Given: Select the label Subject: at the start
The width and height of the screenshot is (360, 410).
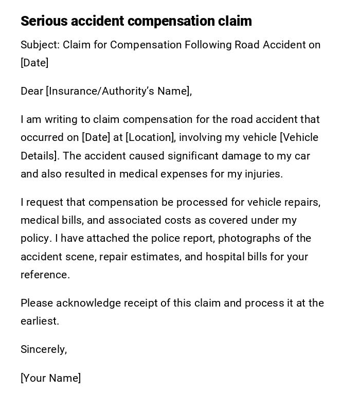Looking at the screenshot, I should point(40,45).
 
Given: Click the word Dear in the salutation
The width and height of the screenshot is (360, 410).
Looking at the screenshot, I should point(32,91).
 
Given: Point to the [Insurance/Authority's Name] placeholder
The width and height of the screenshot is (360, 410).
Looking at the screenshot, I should point(118,91).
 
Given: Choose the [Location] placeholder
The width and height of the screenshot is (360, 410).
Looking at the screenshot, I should point(150,137).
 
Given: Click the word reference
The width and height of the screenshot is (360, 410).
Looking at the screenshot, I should point(45,275).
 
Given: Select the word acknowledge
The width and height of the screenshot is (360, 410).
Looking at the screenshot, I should point(88,303).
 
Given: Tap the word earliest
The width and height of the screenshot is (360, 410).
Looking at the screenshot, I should point(40,321).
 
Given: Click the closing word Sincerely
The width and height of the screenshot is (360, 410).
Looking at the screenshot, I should point(43,349).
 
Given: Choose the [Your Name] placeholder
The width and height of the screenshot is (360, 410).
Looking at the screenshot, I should point(50,378).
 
